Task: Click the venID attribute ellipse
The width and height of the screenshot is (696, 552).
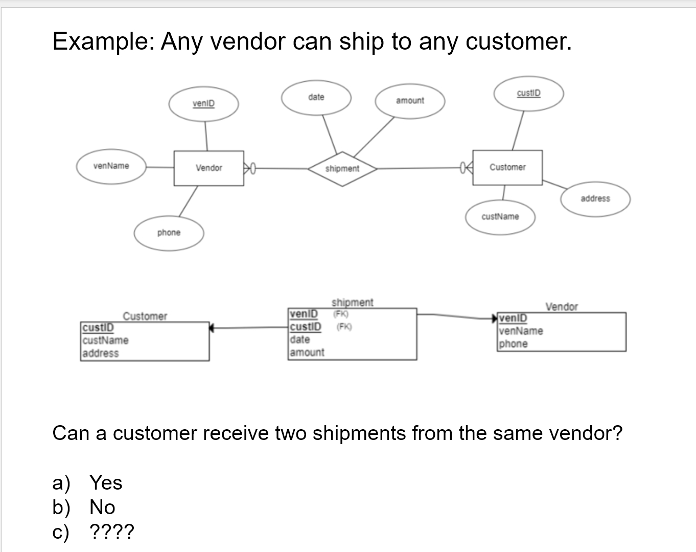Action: (x=204, y=104)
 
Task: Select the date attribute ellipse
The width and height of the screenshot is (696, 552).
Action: (x=316, y=97)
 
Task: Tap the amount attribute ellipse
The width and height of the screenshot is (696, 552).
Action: (x=410, y=101)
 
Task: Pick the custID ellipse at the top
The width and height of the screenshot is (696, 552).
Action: (x=528, y=94)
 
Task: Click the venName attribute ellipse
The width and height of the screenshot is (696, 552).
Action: (x=111, y=166)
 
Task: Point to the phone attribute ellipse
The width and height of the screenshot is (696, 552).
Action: (x=169, y=233)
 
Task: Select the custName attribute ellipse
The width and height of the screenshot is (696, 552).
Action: (x=500, y=217)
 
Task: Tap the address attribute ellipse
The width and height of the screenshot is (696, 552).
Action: (x=595, y=198)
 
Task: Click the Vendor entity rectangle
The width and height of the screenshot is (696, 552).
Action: (x=209, y=168)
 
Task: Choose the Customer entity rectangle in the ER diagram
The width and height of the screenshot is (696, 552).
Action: (x=507, y=167)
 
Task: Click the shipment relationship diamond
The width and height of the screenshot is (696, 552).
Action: (x=342, y=168)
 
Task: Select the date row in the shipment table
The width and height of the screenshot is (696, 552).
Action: (x=300, y=339)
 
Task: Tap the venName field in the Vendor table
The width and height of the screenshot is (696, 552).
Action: (x=521, y=331)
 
